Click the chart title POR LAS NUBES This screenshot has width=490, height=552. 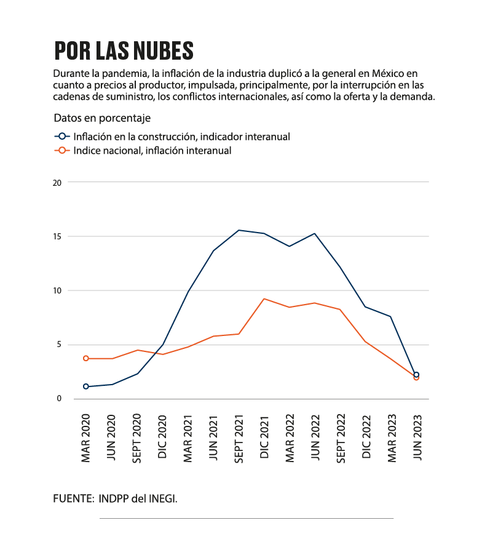(x=124, y=50)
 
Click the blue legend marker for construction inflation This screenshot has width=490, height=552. (x=62, y=136)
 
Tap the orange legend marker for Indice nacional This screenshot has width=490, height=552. (x=62, y=150)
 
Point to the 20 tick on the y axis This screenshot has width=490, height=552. (x=57, y=183)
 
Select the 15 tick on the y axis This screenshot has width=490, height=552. (x=57, y=236)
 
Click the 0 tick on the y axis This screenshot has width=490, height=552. (x=59, y=399)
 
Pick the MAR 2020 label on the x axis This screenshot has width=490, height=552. (x=86, y=438)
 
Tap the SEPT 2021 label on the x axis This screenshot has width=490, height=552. (x=239, y=439)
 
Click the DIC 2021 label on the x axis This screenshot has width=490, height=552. (x=264, y=438)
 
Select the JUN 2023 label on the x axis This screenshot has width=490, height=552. (x=417, y=438)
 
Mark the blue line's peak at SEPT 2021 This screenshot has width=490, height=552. (x=239, y=230)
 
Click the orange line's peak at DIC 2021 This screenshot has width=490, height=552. (x=264, y=299)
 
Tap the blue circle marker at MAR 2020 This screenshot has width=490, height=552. (x=86, y=386)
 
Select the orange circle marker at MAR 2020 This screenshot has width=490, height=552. (x=86, y=358)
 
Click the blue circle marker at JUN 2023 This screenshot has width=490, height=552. (x=416, y=375)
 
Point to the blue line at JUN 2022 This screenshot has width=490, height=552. (x=314, y=233)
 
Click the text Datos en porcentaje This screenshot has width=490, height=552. (x=102, y=118)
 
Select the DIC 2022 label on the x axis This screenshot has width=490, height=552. (x=366, y=437)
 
